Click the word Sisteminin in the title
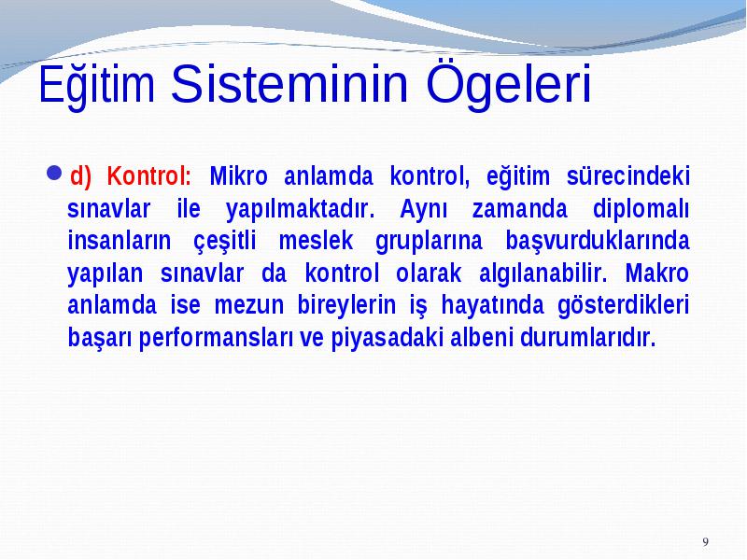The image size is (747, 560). click(x=289, y=84)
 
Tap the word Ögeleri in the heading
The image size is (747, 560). click(x=508, y=86)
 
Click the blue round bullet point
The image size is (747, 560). click(x=55, y=173)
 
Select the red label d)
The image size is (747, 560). click(x=80, y=175)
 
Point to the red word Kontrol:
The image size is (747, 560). click(x=148, y=175)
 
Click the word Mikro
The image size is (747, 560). click(x=239, y=175)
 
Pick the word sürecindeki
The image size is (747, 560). click(x=627, y=175)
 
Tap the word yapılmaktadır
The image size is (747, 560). click(x=300, y=210)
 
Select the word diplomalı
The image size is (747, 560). click(x=641, y=209)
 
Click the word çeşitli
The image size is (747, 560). click(x=224, y=242)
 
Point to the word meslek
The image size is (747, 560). click(x=316, y=241)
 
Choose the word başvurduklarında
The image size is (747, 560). click(x=598, y=242)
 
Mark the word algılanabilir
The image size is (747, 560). click(x=543, y=273)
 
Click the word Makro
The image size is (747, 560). click(x=656, y=273)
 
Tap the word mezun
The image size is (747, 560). click(x=249, y=305)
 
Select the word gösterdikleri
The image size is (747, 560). click(x=623, y=306)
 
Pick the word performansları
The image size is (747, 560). click(x=217, y=338)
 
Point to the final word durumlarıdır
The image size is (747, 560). click(x=588, y=337)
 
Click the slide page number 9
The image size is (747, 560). click(x=706, y=542)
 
